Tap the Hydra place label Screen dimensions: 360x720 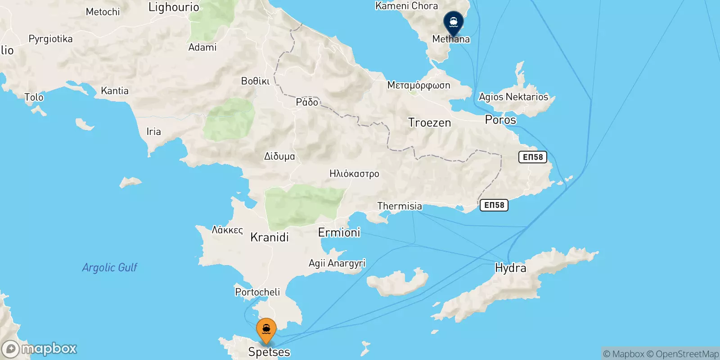510,268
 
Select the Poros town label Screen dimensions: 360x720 500,120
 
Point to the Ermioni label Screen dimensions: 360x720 339,232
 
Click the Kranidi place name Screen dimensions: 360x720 269,237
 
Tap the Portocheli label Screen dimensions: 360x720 257,292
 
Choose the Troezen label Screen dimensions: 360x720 429,122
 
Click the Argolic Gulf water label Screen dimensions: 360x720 109,267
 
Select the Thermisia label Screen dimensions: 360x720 400,206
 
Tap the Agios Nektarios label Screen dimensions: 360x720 513,97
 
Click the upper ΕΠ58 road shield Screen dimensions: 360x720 533,157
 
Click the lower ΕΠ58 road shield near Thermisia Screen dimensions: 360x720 494,205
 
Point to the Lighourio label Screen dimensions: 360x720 174,7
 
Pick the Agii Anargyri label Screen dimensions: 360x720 337,263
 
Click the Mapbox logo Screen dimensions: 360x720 40,349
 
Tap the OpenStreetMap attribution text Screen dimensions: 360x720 687,354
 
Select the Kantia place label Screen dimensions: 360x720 115,91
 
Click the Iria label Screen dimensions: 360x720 153,131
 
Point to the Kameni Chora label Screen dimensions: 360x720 406,6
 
